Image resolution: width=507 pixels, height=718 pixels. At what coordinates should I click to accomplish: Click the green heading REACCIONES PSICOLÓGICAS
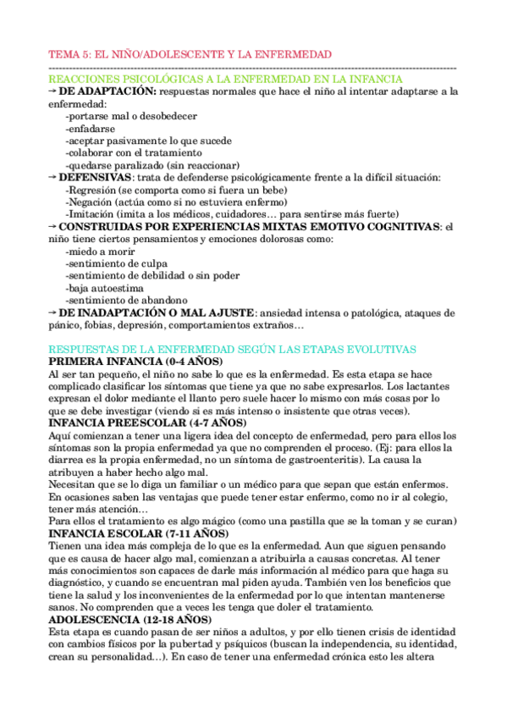tap(226, 79)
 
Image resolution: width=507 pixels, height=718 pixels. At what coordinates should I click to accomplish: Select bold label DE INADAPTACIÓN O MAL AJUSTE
tap(157, 313)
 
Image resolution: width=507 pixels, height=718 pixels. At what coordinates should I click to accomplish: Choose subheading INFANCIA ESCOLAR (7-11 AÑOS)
tap(138, 534)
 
